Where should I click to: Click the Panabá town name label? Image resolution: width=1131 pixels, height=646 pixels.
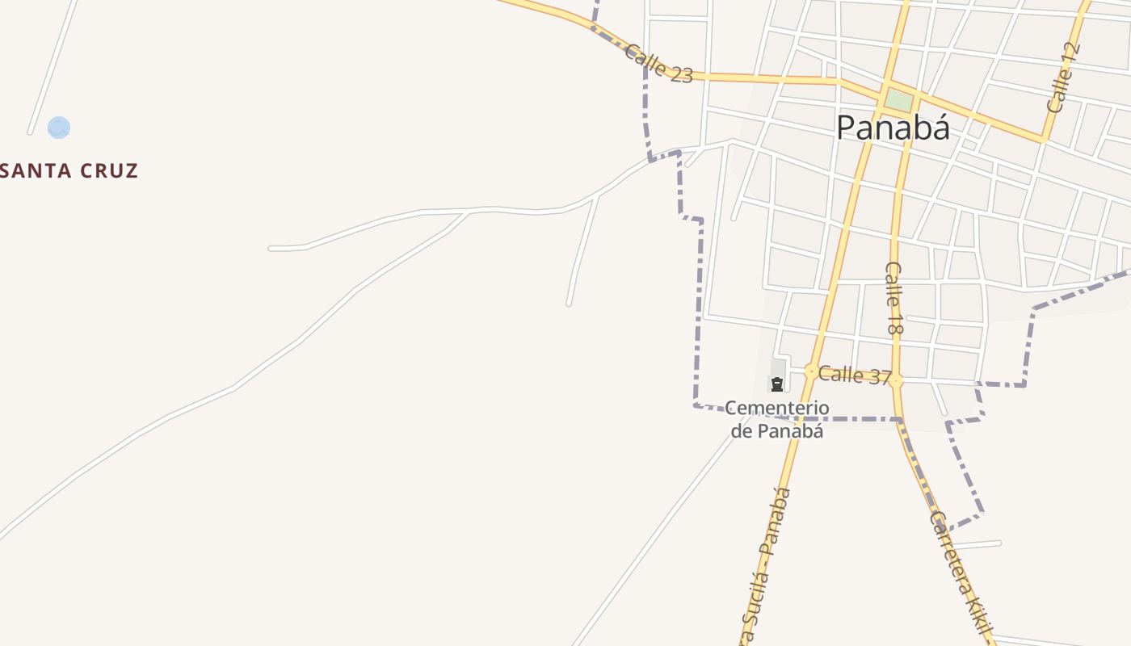point(893,128)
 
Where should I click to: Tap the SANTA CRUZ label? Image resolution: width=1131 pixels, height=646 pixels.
point(69,170)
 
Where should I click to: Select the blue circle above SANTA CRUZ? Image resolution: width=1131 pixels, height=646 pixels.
point(58,128)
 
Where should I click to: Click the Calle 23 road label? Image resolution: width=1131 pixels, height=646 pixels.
point(658,63)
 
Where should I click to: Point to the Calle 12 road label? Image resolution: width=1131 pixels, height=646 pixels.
point(1063,78)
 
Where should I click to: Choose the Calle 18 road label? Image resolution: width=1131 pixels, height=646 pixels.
point(893,299)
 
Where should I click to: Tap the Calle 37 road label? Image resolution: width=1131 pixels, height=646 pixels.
point(854,375)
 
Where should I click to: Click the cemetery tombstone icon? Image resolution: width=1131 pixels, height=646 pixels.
point(777,384)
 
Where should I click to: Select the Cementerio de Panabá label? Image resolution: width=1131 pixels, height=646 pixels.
point(777,419)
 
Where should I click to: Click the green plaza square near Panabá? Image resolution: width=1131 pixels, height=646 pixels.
point(898,101)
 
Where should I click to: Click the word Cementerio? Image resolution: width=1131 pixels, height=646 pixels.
point(777,408)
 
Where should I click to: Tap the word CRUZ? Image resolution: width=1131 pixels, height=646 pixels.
point(109,170)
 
